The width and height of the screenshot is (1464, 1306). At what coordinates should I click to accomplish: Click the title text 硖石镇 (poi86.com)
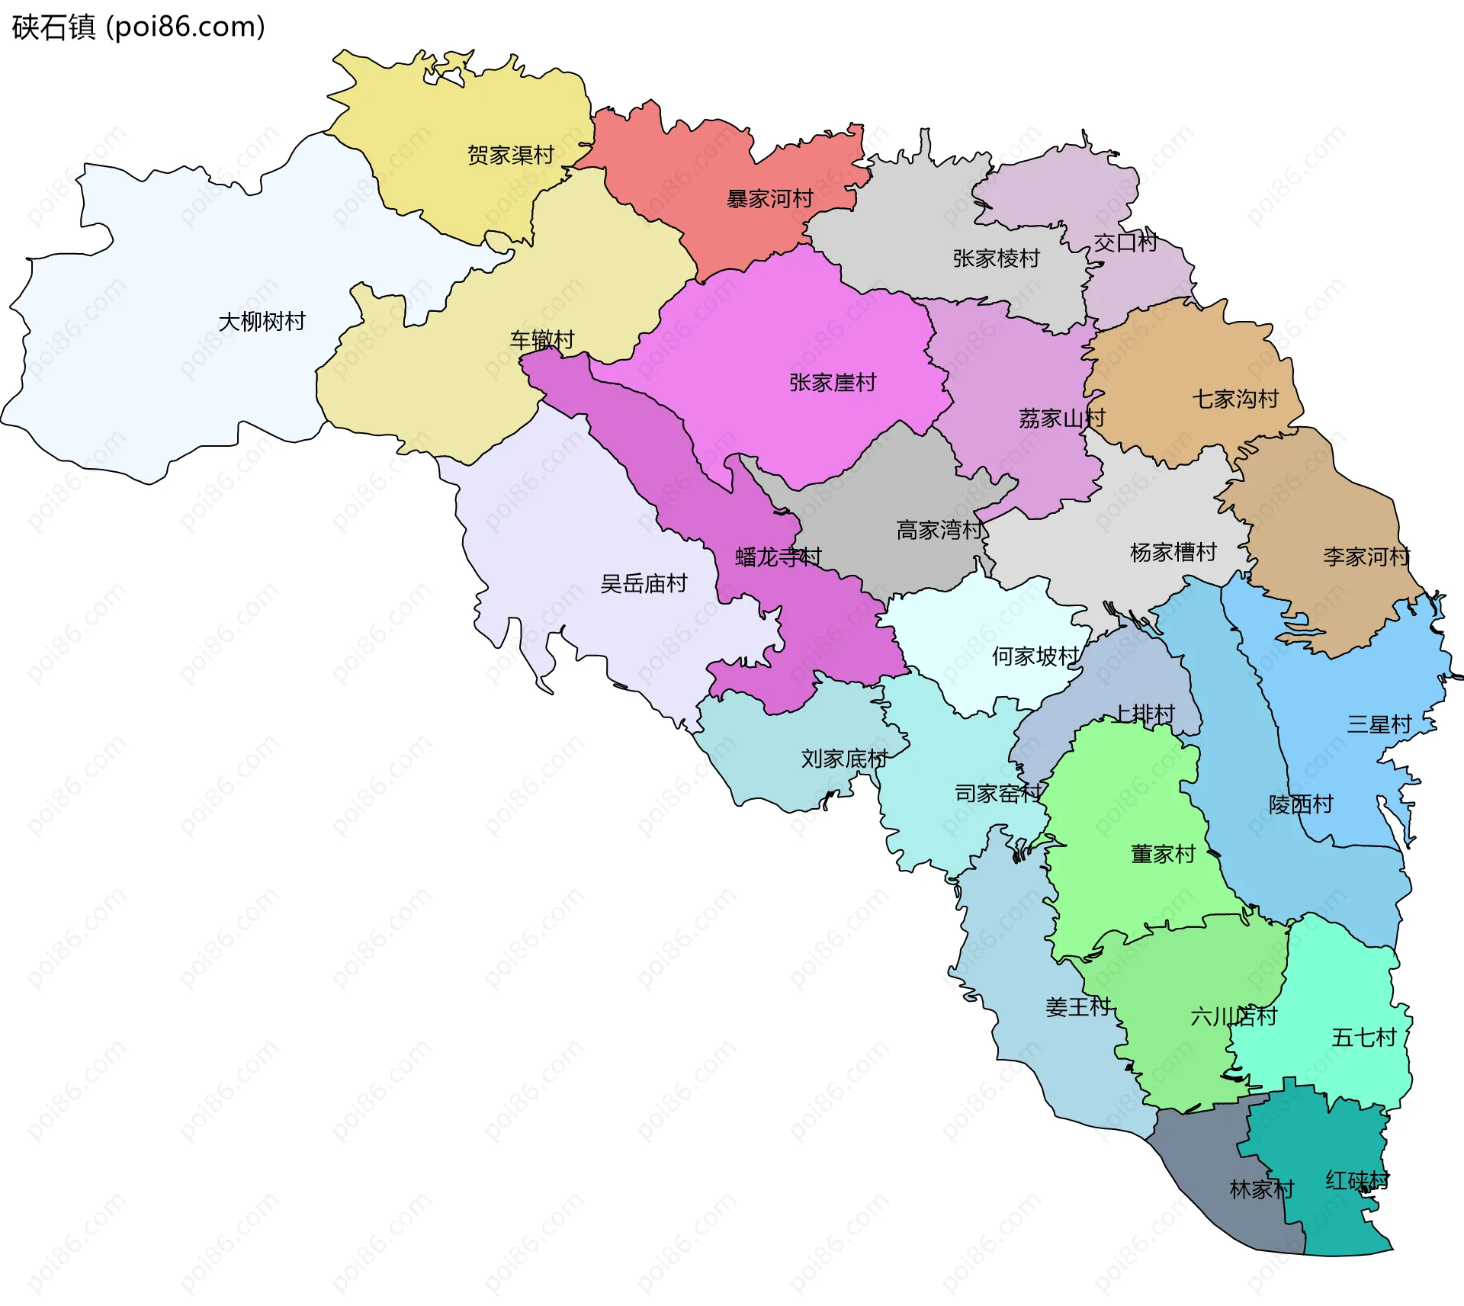[138, 27]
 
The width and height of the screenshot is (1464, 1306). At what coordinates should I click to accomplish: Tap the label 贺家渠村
[510, 156]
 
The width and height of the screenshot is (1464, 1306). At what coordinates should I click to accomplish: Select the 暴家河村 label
[769, 199]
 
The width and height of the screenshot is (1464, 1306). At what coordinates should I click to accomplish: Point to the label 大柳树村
[262, 322]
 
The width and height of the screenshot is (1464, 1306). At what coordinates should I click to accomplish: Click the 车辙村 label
[541, 340]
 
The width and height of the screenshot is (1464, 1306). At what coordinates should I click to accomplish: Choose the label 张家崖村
[833, 383]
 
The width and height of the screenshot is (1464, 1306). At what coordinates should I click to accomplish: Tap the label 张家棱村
[996, 258]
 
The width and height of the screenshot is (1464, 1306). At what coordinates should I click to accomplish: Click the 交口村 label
[1125, 242]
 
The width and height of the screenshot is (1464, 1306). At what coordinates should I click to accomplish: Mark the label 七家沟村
[1235, 399]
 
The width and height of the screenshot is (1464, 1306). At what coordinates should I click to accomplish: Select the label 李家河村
[1366, 557]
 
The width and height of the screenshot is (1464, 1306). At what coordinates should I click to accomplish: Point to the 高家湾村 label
[939, 530]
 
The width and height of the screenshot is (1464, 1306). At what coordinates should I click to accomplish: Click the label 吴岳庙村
[644, 584]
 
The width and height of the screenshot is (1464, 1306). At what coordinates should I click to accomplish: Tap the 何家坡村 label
[1035, 656]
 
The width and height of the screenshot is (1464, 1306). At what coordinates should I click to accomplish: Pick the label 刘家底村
[844, 759]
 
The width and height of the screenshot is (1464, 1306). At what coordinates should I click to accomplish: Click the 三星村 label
[1379, 724]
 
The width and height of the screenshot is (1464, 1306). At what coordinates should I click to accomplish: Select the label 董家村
[1163, 854]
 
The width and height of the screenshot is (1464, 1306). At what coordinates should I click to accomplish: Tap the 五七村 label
[1363, 1038]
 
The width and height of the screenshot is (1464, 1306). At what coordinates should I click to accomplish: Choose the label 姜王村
[1077, 1007]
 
